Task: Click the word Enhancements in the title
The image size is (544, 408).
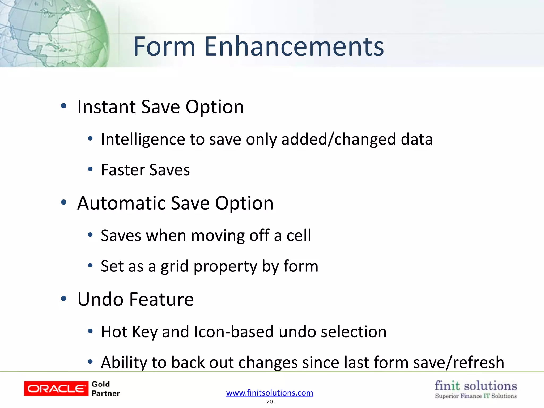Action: click(x=294, y=46)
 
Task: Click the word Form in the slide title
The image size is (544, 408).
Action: click(x=164, y=46)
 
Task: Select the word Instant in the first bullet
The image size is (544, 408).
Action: click(x=106, y=107)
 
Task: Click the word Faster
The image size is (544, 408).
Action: click(x=123, y=170)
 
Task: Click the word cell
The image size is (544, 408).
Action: click(x=299, y=236)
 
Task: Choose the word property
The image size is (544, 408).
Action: click(x=225, y=266)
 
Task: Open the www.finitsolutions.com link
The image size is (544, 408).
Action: click(x=270, y=393)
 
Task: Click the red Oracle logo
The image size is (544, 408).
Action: click(x=56, y=389)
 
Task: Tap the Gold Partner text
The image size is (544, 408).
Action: click(x=105, y=389)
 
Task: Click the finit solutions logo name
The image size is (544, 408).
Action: click(x=476, y=386)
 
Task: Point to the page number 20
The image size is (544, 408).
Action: click(x=270, y=402)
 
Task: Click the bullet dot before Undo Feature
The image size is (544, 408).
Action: click(x=63, y=299)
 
